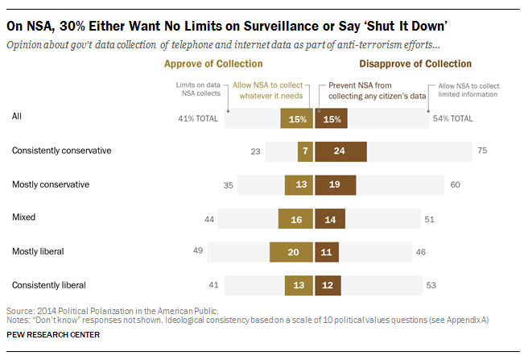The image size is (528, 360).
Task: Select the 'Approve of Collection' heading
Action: click(213, 64)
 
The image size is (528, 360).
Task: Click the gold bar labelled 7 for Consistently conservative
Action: click(305, 151)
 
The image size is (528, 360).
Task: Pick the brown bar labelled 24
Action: click(340, 151)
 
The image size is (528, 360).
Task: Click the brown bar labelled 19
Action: click(335, 184)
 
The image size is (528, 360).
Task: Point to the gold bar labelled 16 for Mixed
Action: click(295, 217)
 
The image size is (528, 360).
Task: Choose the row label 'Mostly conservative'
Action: click(50, 184)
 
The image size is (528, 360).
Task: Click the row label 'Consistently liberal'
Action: click(49, 284)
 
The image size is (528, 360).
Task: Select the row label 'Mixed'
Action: click(24, 217)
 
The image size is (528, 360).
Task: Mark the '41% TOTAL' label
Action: click(198, 118)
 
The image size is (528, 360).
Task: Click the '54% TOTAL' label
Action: click(451, 118)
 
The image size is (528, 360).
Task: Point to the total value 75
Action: click(482, 151)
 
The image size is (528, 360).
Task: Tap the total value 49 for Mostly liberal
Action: click(196, 251)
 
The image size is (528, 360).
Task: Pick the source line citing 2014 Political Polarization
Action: click(112, 310)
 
